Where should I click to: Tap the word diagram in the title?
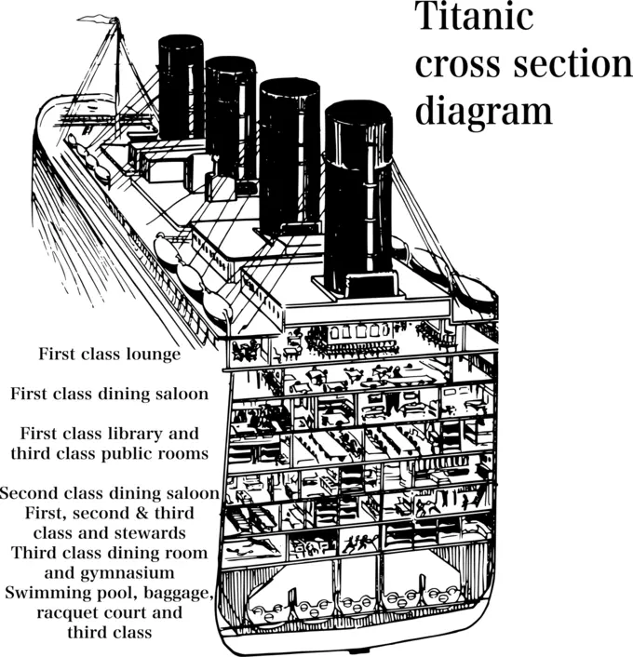(x=483, y=112)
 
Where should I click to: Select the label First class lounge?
(x=109, y=354)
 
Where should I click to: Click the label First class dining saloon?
(x=109, y=394)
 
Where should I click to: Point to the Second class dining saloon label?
(x=110, y=492)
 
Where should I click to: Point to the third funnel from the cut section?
(x=231, y=116)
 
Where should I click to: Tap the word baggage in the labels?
(x=181, y=593)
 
